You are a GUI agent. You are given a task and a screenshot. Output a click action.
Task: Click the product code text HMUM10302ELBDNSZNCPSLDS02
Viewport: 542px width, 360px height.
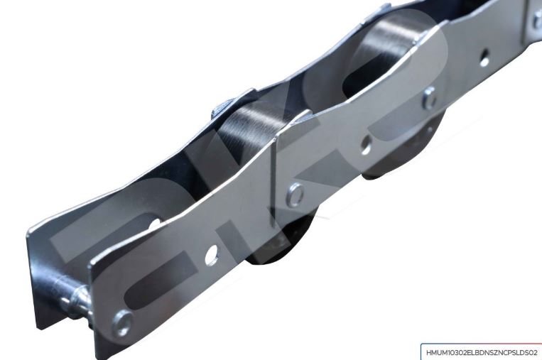pos(482,353)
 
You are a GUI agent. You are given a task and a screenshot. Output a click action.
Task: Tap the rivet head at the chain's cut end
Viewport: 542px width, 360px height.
pos(122,323)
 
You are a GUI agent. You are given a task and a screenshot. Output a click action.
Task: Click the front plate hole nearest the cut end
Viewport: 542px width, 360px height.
pos(211,255)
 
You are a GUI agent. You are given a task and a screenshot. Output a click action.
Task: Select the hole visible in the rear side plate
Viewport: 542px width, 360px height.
pos(155,223)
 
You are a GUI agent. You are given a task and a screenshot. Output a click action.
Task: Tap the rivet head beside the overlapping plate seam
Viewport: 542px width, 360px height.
pos(296,195)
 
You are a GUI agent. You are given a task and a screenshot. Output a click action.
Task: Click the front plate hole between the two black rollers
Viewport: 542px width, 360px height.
pos(365,145)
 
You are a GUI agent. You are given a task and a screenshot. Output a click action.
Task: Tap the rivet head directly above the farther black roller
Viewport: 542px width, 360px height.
pos(429,98)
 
